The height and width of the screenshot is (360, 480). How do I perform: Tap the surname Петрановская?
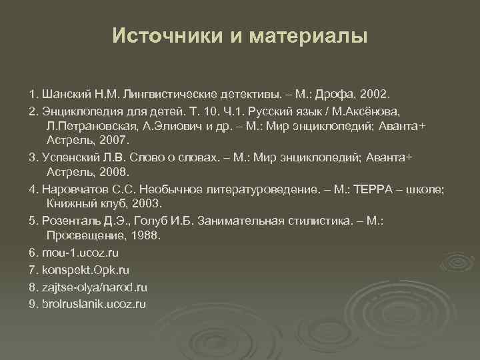(x=87, y=125)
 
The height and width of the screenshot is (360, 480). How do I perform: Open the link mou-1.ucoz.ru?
(x=80, y=253)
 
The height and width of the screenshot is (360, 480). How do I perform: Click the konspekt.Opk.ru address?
(x=85, y=270)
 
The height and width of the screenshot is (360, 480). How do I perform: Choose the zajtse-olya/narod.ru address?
(x=93, y=287)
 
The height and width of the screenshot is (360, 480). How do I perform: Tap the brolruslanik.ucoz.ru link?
(x=93, y=304)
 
